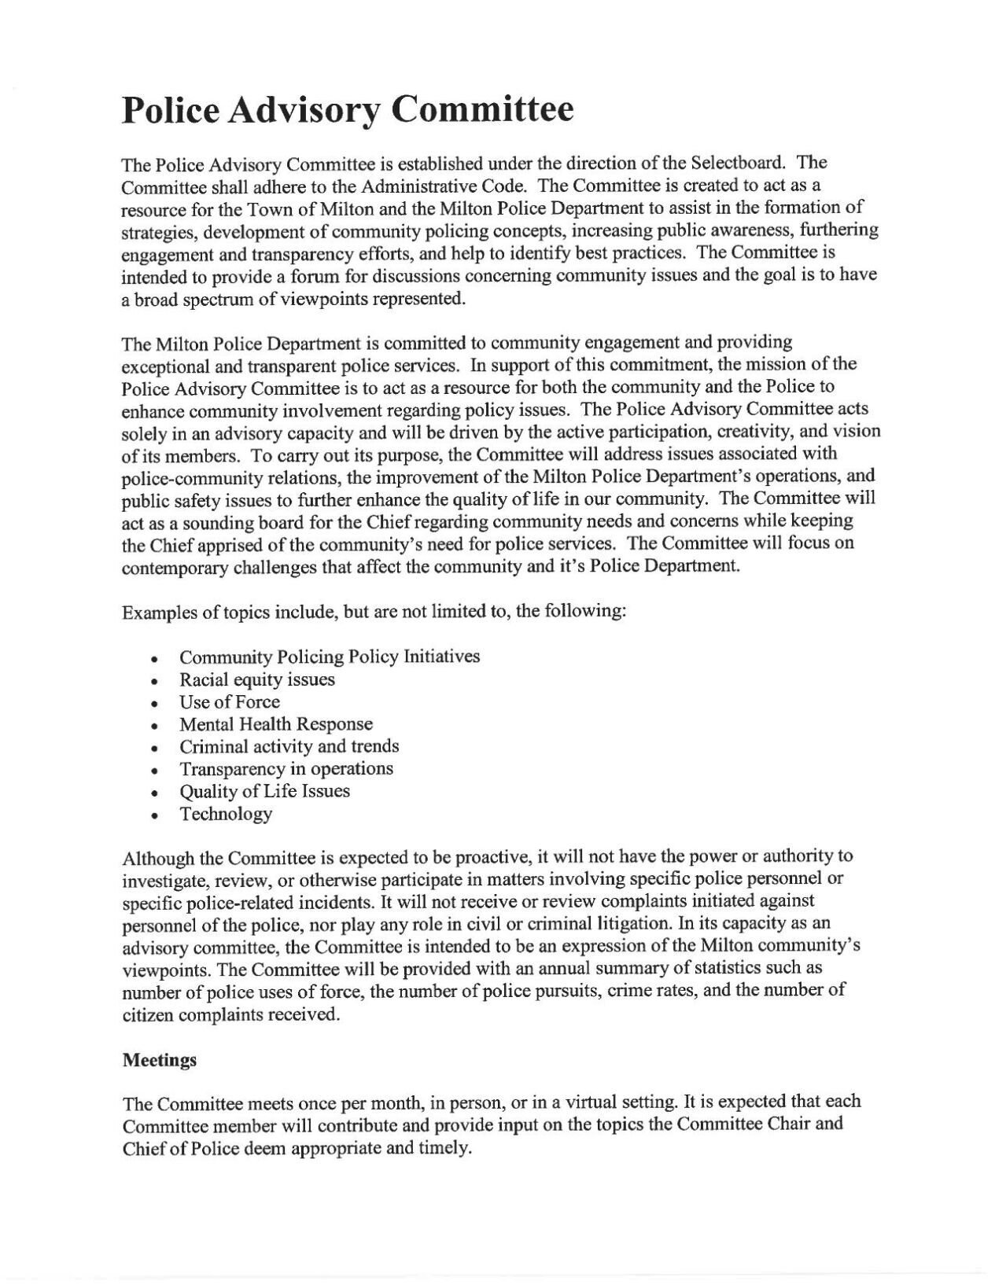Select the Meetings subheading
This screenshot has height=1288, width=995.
(160, 1060)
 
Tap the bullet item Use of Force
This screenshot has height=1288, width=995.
(229, 701)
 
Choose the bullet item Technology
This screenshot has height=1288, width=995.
(226, 814)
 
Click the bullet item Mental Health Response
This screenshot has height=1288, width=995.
(276, 723)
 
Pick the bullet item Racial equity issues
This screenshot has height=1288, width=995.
(257, 679)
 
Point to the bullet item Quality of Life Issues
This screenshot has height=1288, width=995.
(264, 791)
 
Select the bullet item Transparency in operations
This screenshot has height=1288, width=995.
(286, 768)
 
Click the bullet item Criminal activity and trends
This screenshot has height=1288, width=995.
(289, 746)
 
